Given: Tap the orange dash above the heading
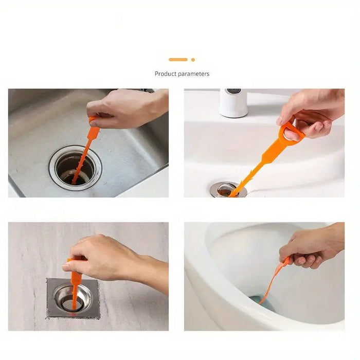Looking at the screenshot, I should click(x=178, y=60).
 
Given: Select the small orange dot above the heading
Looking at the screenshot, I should click(x=193, y=60).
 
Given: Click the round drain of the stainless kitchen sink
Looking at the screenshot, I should click(x=75, y=168).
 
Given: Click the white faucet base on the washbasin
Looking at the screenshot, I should click(x=233, y=103).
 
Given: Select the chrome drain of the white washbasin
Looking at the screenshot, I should click(x=226, y=190).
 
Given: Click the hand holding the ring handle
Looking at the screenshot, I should click(x=311, y=113).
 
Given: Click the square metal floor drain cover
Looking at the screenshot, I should click(x=72, y=298).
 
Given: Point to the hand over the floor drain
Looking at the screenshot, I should click(x=103, y=257).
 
